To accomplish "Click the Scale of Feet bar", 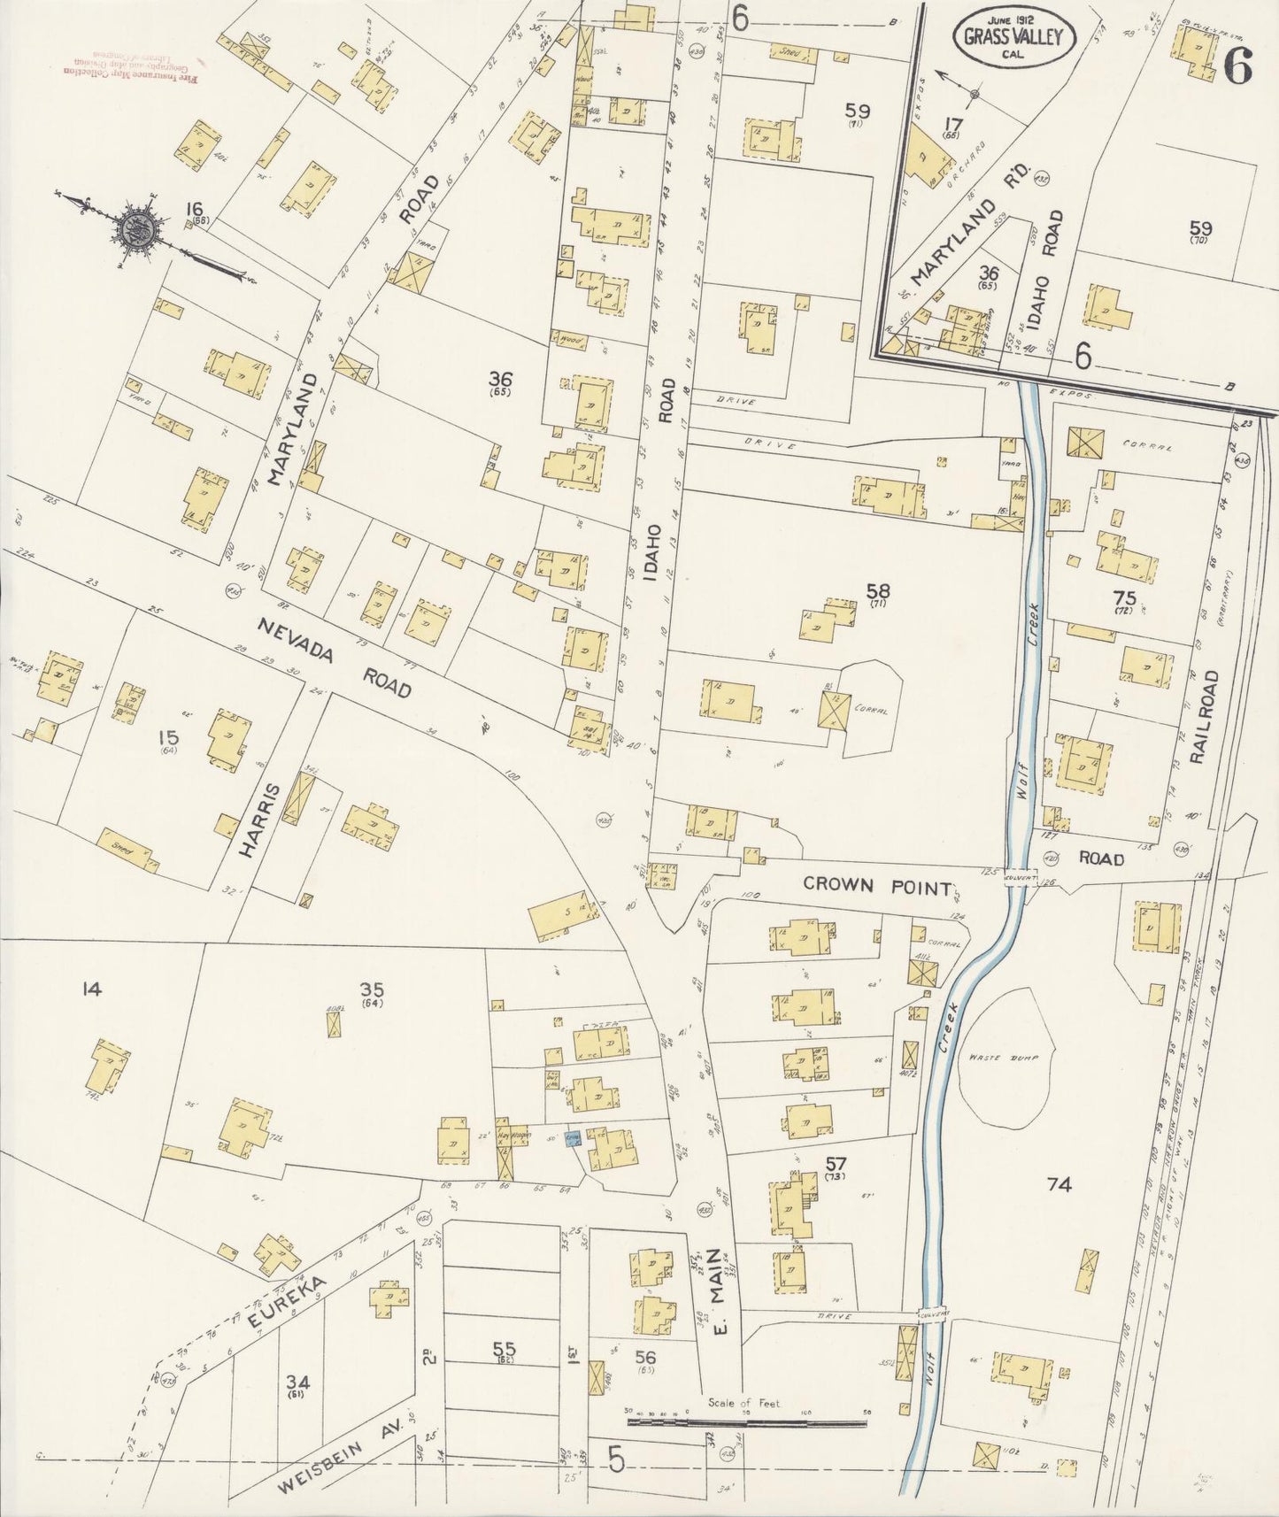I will (x=746, y=1423).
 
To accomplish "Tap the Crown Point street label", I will (x=876, y=886).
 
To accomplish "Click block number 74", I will (x=1059, y=1184).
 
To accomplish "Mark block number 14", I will (x=91, y=989).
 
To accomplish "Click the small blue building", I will (x=572, y=1138).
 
